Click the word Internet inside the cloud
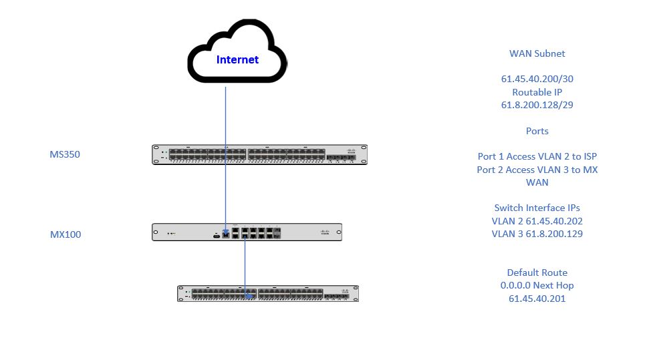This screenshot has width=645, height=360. pyautogui.click(x=237, y=60)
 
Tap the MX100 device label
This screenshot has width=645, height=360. pyautogui.click(x=66, y=234)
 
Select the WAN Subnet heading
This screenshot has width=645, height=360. pyautogui.click(x=537, y=53)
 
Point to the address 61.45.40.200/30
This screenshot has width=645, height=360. pyautogui.click(x=537, y=79)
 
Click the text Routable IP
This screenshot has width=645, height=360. pyautogui.click(x=537, y=92)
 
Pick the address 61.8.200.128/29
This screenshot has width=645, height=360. pyautogui.click(x=537, y=105)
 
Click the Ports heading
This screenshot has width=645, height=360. pyautogui.click(x=537, y=131)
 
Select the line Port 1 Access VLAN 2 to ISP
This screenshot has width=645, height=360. pyautogui.click(x=537, y=156)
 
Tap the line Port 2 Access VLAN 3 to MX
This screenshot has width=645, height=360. pyautogui.click(x=537, y=170)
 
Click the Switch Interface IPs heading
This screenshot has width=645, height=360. pyautogui.click(x=537, y=208)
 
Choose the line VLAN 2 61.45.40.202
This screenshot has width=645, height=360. pyautogui.click(x=537, y=221)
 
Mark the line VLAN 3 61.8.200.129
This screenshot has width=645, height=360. pyautogui.click(x=537, y=234)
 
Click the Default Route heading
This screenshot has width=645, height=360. pyautogui.click(x=537, y=273)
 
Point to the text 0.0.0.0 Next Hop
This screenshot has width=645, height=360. pyautogui.click(x=537, y=285)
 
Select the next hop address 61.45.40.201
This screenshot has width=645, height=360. pyautogui.click(x=537, y=299)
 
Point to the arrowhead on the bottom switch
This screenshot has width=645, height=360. pyautogui.click(x=249, y=293)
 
